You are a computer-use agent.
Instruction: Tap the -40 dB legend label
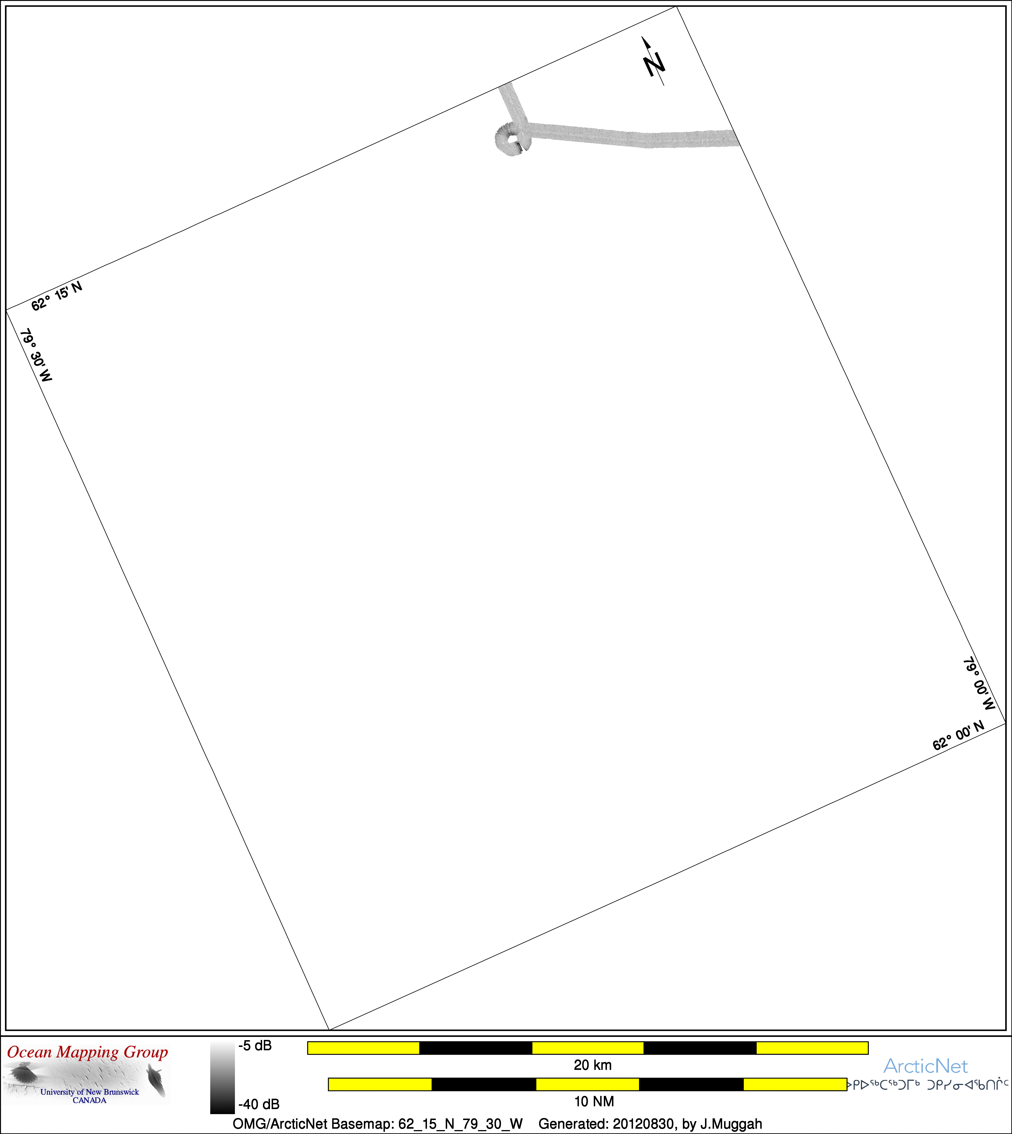tap(258, 1104)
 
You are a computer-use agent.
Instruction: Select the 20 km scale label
tap(593, 1065)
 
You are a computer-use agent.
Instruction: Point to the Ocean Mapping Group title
tap(87, 1052)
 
